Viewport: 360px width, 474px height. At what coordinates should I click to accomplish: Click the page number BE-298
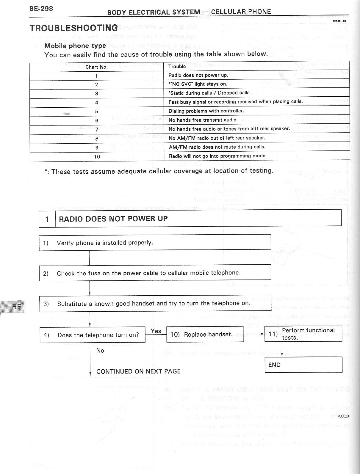[x=41, y=9]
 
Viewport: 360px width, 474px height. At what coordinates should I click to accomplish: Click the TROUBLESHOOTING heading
[x=74, y=28]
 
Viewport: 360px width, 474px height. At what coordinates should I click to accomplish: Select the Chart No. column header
[x=96, y=67]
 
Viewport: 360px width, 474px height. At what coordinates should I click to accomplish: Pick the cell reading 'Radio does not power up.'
[x=198, y=75]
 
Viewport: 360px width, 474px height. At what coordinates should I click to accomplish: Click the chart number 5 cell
[x=96, y=112]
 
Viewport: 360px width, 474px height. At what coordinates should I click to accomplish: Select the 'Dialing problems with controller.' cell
[x=206, y=111]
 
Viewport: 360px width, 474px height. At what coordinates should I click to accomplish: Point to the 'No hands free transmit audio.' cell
[x=203, y=120]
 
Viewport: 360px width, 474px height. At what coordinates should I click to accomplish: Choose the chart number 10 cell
[x=97, y=156]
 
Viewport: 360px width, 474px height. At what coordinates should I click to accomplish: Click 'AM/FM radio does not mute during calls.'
[x=217, y=147]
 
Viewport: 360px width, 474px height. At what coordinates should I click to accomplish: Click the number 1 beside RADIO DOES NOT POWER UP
[x=47, y=219]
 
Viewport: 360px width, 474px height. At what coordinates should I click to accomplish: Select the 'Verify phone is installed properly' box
[x=155, y=242]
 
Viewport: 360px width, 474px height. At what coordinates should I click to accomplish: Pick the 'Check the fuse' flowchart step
[x=155, y=273]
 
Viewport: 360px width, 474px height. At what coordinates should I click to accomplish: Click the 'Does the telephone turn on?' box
[x=93, y=335]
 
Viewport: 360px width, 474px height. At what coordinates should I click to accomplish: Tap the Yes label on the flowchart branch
[x=156, y=331]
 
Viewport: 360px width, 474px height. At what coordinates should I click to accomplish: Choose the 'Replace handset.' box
[x=205, y=334]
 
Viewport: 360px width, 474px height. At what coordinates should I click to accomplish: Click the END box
[x=303, y=365]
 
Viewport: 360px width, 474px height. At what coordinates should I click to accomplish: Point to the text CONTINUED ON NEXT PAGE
[x=138, y=371]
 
